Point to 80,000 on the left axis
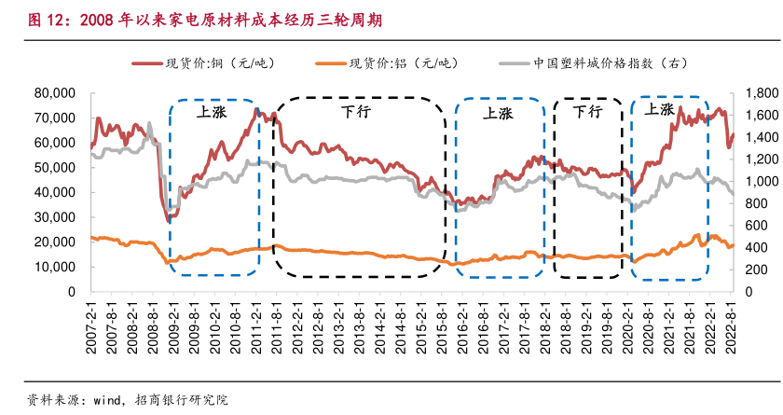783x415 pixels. (x=54, y=93)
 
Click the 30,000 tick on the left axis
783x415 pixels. (x=54, y=217)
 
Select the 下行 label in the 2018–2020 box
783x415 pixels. (x=587, y=112)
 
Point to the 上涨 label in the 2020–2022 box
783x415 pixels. (x=658, y=109)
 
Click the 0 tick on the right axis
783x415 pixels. (x=749, y=292)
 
